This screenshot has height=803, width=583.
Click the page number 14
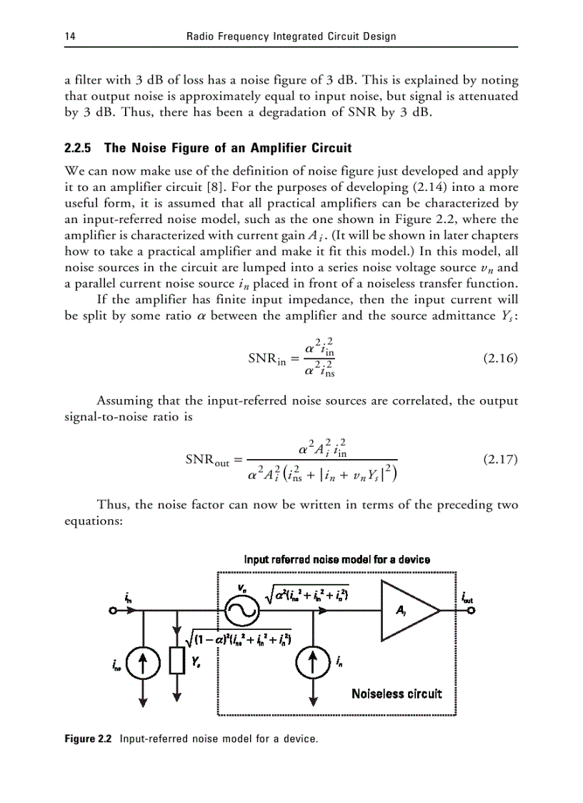point(71,36)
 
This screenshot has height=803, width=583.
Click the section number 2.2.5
point(79,149)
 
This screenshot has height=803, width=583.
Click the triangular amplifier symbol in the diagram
point(407,610)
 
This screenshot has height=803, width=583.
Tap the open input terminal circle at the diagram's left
point(112,611)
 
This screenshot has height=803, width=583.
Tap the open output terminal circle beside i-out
point(471,611)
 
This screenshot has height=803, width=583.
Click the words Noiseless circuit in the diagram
point(397,694)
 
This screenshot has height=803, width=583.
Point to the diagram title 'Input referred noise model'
point(337,559)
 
